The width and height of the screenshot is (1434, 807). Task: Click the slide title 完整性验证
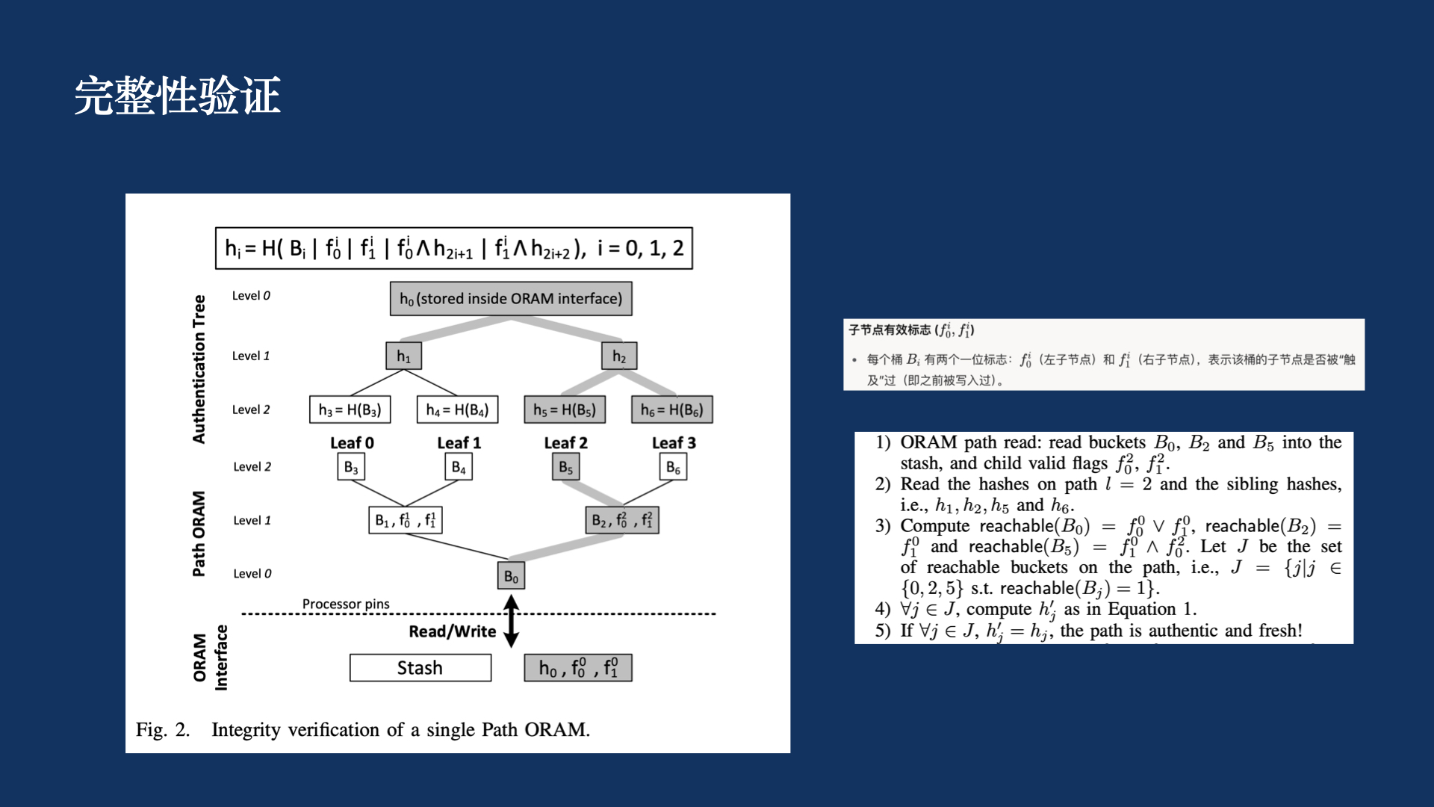click(177, 96)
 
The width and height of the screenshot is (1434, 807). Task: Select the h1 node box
click(403, 356)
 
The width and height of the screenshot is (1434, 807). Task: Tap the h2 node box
click(619, 356)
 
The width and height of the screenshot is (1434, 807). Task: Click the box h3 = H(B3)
click(350, 409)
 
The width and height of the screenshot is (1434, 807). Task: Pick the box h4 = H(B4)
click(457, 409)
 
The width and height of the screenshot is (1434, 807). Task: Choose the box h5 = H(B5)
click(565, 409)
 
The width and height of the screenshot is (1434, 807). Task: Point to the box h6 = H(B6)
click(672, 409)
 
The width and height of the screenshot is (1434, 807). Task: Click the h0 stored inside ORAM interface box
click(511, 299)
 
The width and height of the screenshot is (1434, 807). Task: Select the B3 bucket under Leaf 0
click(350, 468)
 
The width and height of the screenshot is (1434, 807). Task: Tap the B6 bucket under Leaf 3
click(673, 468)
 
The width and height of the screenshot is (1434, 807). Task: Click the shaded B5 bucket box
click(565, 468)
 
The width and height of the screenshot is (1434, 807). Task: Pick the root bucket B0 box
click(511, 576)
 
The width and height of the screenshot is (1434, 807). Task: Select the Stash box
click(420, 668)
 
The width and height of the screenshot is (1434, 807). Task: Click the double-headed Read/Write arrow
click(511, 621)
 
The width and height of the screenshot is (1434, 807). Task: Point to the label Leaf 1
click(459, 443)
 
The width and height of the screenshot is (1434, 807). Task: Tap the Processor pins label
click(346, 604)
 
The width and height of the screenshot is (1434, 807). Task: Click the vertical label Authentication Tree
click(199, 369)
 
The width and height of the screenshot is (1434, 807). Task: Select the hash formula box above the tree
click(453, 248)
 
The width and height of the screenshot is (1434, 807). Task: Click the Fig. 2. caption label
click(163, 730)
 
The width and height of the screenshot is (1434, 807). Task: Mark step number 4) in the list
click(883, 610)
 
